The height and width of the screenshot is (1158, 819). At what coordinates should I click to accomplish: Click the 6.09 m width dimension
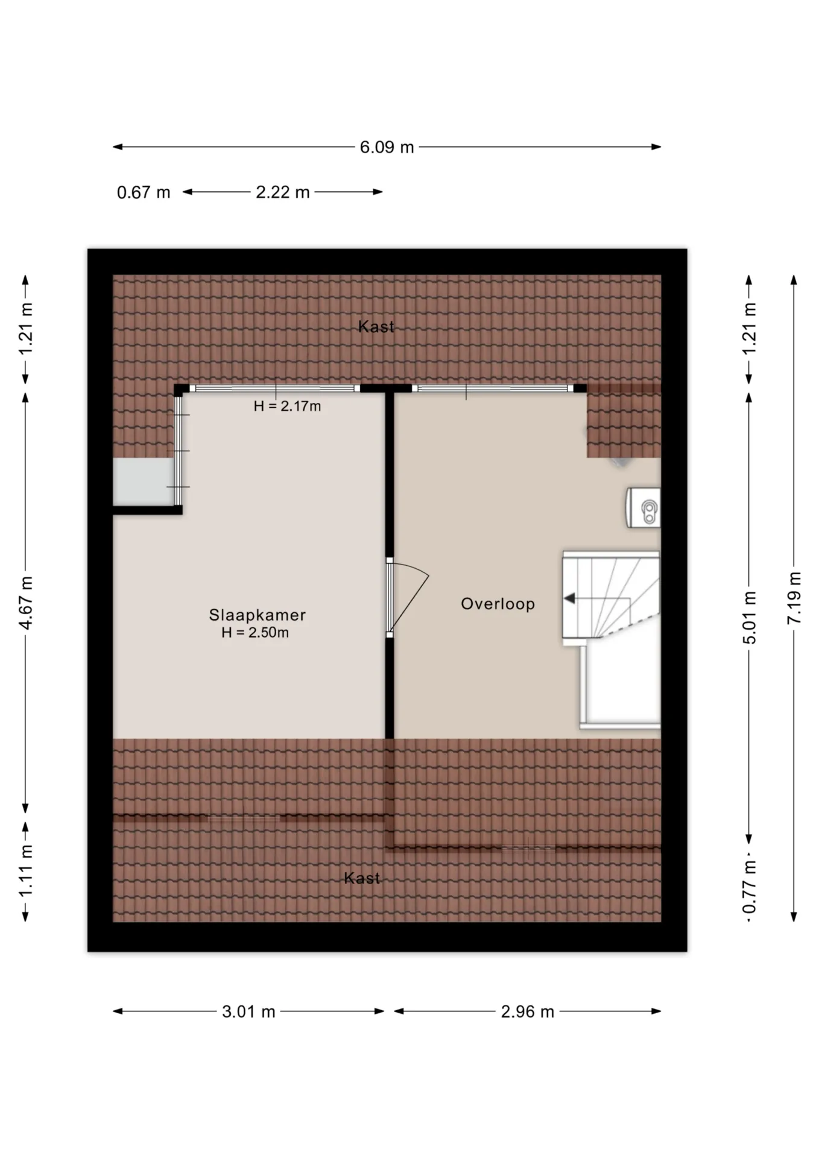(387, 147)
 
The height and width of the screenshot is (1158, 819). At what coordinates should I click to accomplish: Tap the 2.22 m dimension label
(282, 192)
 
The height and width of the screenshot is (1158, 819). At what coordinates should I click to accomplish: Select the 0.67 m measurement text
(144, 192)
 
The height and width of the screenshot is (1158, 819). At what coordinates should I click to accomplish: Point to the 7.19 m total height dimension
(794, 598)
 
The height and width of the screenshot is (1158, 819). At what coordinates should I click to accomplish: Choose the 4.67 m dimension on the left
(26, 603)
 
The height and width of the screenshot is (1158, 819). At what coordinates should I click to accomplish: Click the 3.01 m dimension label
(248, 1011)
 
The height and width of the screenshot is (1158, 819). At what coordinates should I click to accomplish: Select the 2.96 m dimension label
(527, 1011)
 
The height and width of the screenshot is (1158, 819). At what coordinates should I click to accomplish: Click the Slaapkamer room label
(258, 615)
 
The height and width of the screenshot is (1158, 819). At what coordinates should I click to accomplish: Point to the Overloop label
(498, 604)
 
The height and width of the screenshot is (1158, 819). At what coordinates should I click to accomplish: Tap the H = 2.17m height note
(287, 406)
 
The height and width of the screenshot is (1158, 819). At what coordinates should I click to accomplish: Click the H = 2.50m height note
(255, 632)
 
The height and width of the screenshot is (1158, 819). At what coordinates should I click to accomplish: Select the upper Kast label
(376, 326)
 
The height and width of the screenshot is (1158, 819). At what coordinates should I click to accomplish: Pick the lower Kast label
(362, 878)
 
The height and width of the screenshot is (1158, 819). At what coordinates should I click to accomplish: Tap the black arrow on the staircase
(569, 598)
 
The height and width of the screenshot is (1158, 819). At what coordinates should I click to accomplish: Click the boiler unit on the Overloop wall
(643, 507)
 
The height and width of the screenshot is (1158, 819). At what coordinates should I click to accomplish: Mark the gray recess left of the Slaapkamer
(143, 481)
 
